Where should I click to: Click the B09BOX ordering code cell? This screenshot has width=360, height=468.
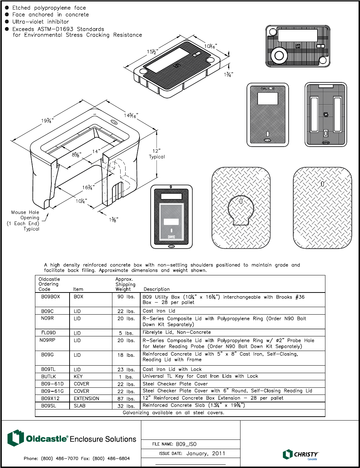click(50, 297)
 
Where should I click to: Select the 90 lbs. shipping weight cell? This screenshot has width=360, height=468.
click(126, 297)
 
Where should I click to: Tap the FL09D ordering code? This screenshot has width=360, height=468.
click(49, 333)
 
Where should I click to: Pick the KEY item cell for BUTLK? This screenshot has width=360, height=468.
click(78, 376)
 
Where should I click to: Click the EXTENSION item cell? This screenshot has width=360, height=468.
click(86, 398)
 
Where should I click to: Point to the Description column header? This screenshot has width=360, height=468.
click(156, 289)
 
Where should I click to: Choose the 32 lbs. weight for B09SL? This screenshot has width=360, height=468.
click(126, 406)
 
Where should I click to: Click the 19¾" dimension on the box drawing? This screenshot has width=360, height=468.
click(47, 121)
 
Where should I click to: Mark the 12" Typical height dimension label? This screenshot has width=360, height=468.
click(157, 154)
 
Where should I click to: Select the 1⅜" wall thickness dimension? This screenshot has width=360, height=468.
click(113, 220)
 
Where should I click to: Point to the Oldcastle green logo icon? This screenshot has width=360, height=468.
click(15, 438)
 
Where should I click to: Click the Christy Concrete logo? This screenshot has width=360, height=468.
click(300, 454)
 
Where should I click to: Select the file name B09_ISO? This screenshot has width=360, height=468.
click(186, 444)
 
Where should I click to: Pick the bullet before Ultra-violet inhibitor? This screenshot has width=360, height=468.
click(7, 21)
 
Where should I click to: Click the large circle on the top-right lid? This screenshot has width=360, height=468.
click(279, 55)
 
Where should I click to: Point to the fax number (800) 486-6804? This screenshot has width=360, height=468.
click(111, 458)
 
